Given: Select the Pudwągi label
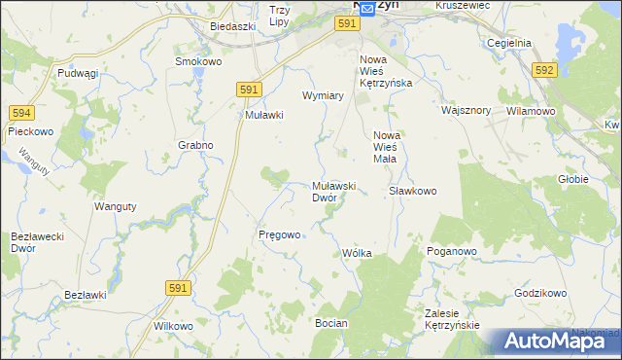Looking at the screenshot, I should [x=79, y=73].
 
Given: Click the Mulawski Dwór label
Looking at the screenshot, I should [x=336, y=191].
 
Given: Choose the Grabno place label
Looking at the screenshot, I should [x=194, y=145].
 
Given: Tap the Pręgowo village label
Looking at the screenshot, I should [x=280, y=234].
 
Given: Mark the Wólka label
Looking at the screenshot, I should [x=357, y=253].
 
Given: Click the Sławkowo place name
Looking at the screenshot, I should [x=413, y=191].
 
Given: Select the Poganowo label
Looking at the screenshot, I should [x=451, y=251].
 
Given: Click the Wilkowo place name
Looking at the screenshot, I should [x=173, y=326].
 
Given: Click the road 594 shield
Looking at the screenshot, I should [x=21, y=114].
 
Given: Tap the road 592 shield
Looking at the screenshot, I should [x=545, y=69].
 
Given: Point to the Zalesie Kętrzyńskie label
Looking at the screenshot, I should [x=453, y=319].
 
